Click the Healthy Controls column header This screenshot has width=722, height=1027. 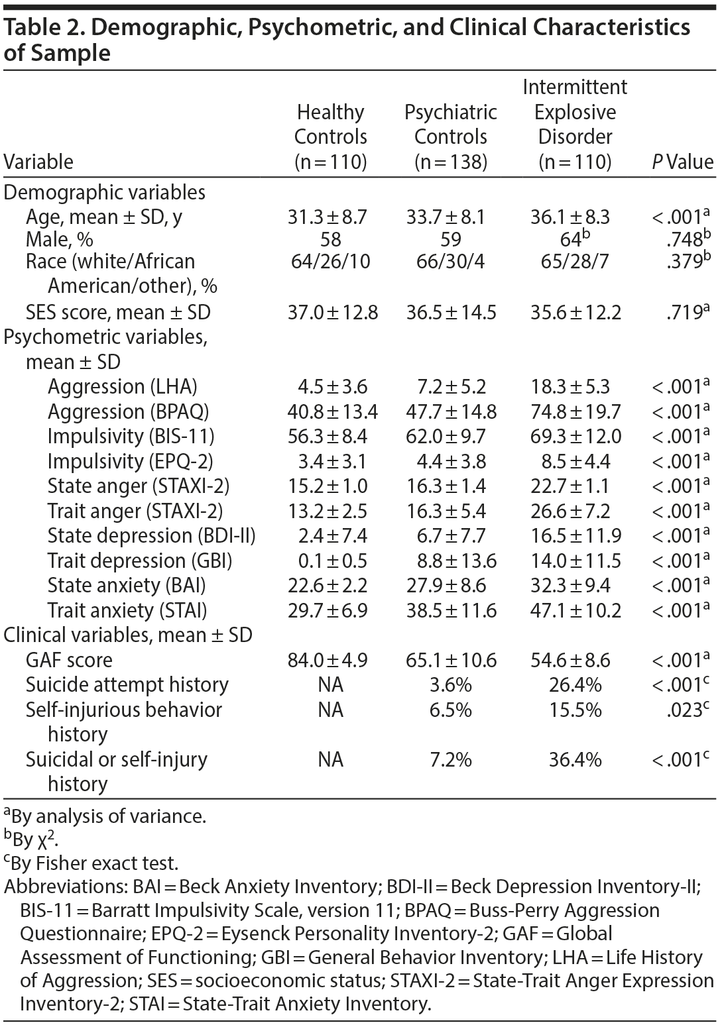330,136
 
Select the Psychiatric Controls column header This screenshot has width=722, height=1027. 451,136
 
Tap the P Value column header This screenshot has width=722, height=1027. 682,162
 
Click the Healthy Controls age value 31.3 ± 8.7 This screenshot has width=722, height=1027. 327,217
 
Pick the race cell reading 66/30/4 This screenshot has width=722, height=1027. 451,261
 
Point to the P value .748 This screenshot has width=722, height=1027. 685,239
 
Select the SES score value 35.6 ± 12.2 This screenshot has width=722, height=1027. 575,312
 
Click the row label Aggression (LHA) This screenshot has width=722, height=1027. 123,386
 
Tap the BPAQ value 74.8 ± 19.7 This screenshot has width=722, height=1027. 575,411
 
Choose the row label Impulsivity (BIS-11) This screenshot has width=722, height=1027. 131,436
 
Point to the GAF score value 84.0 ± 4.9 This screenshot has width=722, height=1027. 327,660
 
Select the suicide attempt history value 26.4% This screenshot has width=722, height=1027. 575,684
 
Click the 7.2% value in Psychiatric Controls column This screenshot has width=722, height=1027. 451,759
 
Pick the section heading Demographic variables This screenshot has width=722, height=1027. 104,192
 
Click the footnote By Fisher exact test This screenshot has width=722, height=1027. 93,863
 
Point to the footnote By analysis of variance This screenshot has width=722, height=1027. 106,816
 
